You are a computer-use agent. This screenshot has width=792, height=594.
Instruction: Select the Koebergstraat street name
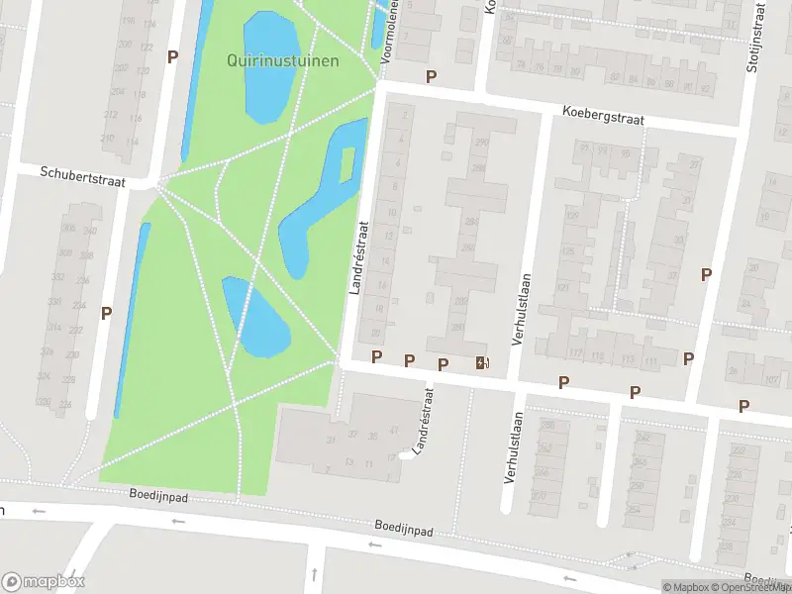click(x=602, y=117)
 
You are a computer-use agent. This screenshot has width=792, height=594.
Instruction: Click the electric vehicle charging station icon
click(x=482, y=363)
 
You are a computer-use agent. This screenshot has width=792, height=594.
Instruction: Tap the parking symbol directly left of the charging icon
click(x=443, y=364)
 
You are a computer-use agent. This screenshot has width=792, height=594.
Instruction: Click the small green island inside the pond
click(x=347, y=164)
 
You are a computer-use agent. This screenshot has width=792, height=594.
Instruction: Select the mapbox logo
click(x=44, y=581)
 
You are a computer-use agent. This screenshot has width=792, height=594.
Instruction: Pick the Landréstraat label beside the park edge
click(x=358, y=256)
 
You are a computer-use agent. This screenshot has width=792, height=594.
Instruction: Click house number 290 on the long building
click(x=482, y=143)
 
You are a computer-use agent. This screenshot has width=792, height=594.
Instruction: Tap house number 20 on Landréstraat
click(x=375, y=333)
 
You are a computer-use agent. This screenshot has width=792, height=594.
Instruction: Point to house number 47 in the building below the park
click(x=394, y=431)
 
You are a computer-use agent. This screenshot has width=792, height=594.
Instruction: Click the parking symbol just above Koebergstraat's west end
click(x=431, y=76)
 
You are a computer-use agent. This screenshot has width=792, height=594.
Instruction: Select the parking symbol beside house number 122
click(x=172, y=56)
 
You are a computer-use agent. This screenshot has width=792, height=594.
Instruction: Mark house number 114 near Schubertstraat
click(x=133, y=142)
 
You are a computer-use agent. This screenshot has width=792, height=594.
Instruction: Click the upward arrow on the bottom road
click(x=314, y=574)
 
